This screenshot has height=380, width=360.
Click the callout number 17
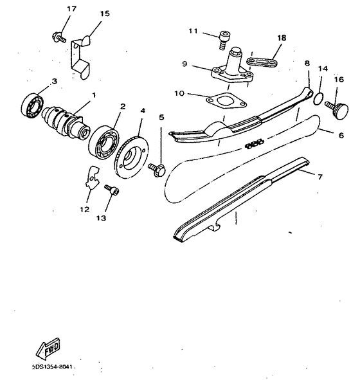pos(71,9)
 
